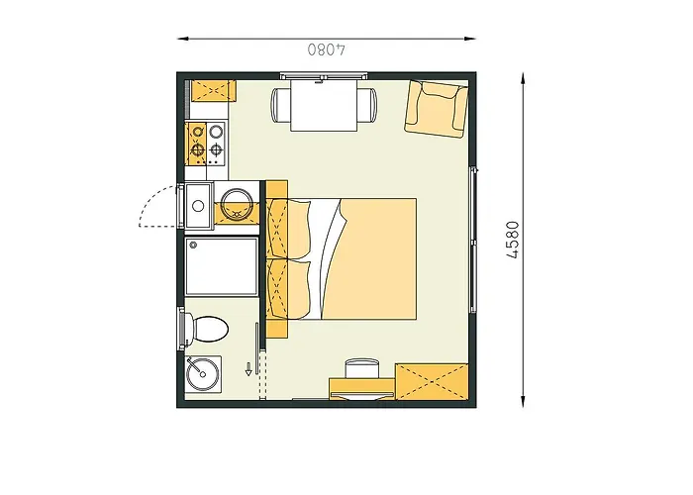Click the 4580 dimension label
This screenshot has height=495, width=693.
(512, 239)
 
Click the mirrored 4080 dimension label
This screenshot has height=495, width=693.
(325, 48)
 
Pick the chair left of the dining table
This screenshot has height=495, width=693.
(280, 103)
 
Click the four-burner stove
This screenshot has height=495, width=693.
(207, 141)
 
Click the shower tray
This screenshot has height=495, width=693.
(220, 266)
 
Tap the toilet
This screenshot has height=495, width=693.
(207, 328)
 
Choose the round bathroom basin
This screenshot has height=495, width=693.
(201, 374)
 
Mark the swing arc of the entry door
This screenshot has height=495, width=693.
(156, 205)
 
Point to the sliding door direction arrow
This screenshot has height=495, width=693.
(248, 371)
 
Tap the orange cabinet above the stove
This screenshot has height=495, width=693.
(213, 90)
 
